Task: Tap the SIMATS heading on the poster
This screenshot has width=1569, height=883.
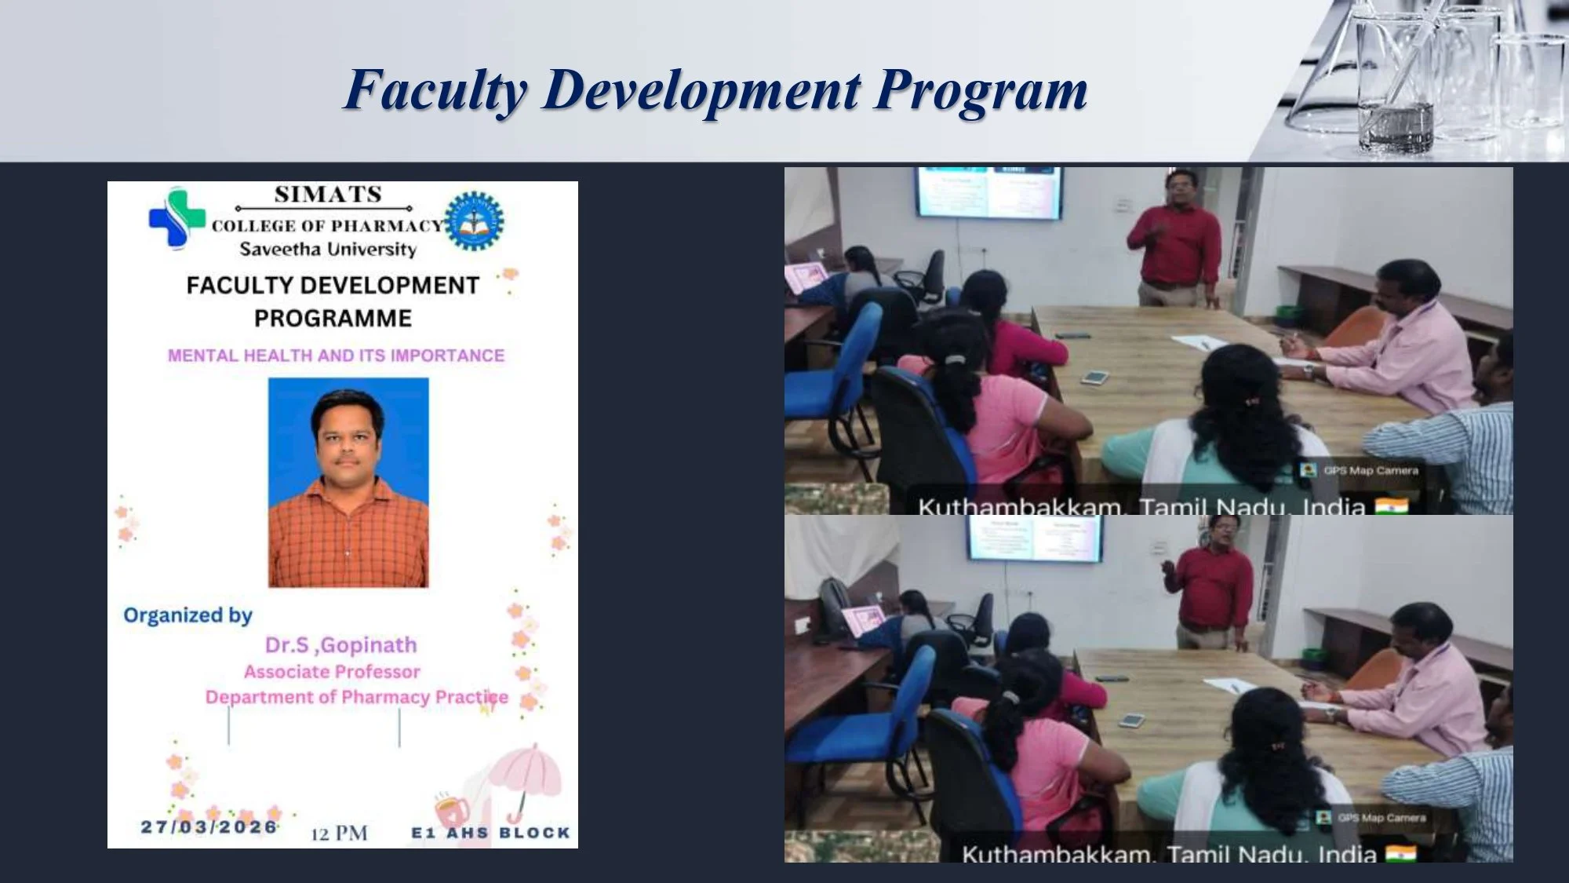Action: tap(328, 194)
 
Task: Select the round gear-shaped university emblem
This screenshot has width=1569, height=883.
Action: tap(474, 221)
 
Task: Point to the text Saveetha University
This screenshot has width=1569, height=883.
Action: tap(328, 250)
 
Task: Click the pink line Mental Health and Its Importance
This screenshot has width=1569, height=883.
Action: tap(336, 356)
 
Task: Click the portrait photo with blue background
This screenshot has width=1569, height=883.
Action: tap(348, 482)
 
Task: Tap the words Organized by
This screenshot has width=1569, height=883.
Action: tap(187, 615)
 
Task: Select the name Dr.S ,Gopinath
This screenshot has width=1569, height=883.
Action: tap(340, 645)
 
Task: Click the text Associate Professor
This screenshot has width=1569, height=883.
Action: tap(332, 672)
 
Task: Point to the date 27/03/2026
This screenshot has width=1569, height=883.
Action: tap(209, 826)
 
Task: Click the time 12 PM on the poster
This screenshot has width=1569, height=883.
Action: tap(339, 833)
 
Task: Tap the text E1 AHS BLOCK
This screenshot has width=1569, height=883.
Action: tap(490, 833)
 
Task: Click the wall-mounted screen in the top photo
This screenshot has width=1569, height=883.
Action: tap(988, 192)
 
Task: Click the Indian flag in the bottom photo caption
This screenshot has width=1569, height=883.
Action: tap(1400, 853)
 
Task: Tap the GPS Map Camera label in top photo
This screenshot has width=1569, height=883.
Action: tap(1369, 470)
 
